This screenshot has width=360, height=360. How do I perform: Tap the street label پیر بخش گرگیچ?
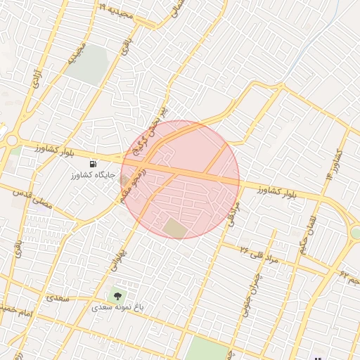click(x=157, y=120)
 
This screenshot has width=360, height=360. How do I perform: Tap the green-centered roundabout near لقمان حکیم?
click(x=356, y=233)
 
